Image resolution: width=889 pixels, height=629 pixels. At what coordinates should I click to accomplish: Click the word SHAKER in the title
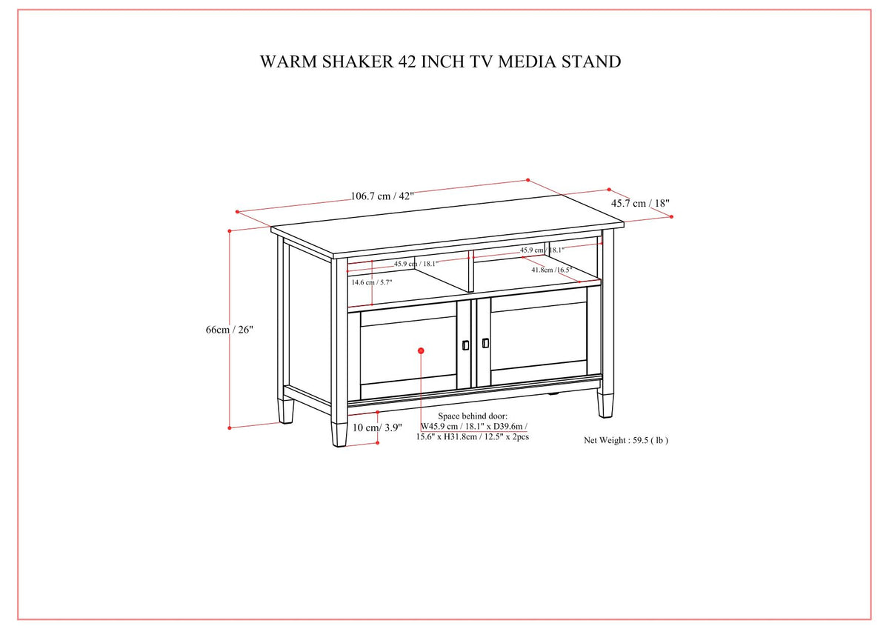pos(347,61)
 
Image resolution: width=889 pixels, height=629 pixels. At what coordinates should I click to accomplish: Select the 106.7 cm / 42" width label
pos(382,196)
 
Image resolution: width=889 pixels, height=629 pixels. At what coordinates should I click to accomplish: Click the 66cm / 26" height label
pos(230,330)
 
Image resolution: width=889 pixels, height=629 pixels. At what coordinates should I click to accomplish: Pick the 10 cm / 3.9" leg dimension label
pos(377,427)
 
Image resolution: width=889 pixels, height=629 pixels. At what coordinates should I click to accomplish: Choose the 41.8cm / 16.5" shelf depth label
pos(551,270)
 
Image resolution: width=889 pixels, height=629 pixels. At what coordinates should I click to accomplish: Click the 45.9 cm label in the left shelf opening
pos(416,264)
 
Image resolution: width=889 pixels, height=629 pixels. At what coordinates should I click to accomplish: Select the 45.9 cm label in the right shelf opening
pos(542,250)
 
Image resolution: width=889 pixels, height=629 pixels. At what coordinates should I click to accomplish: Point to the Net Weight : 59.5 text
pos(626,440)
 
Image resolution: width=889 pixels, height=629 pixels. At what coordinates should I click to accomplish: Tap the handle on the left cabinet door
pos(465,345)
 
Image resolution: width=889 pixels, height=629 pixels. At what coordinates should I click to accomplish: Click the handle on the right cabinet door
pos(485,342)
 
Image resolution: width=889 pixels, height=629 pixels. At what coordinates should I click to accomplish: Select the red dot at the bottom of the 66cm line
pos(230,427)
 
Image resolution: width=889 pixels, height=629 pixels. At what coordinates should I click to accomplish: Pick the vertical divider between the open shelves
pos(468,271)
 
